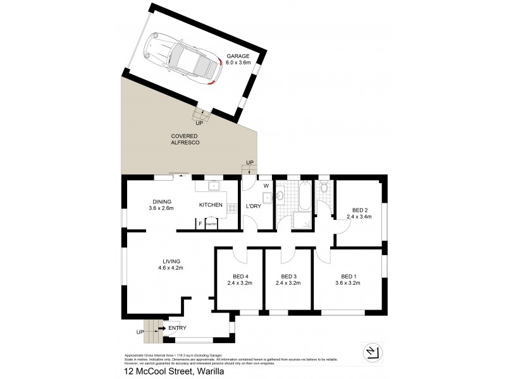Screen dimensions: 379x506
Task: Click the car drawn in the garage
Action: point(182,58)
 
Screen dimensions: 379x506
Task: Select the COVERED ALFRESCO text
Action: point(185,140)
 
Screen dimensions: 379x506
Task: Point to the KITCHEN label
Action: point(211,205)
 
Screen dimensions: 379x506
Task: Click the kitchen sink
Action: point(213,186)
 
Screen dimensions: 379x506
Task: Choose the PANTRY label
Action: point(211,224)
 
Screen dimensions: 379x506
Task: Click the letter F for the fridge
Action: point(200,224)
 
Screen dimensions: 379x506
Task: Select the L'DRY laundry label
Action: point(254,207)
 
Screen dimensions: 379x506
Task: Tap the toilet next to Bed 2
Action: point(324,188)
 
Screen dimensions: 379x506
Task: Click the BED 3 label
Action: point(288,276)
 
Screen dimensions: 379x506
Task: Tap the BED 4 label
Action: point(240,276)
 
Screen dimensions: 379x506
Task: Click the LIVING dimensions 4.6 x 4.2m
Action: point(171,268)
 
